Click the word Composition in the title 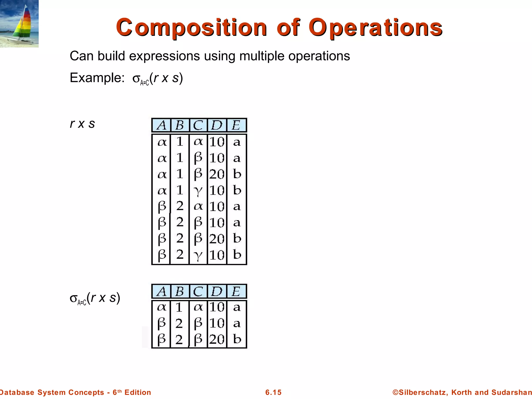pyautogui.click(x=191, y=28)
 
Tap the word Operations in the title pyautogui.click(x=375, y=28)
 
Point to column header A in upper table pyautogui.click(x=162, y=125)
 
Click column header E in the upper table pyautogui.click(x=236, y=125)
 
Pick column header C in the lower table pyautogui.click(x=198, y=291)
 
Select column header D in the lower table pyautogui.click(x=217, y=291)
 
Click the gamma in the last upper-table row pyautogui.click(x=198, y=255)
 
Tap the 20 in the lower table pyautogui.click(x=217, y=339)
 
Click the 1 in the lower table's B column pyautogui.click(x=179, y=308)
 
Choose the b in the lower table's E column pyautogui.click(x=237, y=339)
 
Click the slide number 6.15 pyautogui.click(x=273, y=392)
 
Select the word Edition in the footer pyautogui.click(x=138, y=392)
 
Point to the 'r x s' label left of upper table pyautogui.click(x=82, y=124)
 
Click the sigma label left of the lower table pyautogui.click(x=95, y=298)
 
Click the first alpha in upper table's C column pyautogui.click(x=198, y=142)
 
